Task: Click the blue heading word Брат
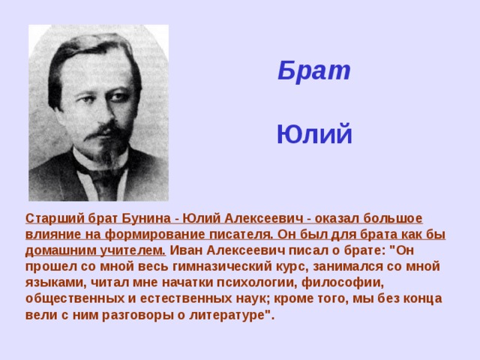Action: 313,70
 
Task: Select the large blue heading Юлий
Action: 313,135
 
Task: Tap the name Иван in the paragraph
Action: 190,250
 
